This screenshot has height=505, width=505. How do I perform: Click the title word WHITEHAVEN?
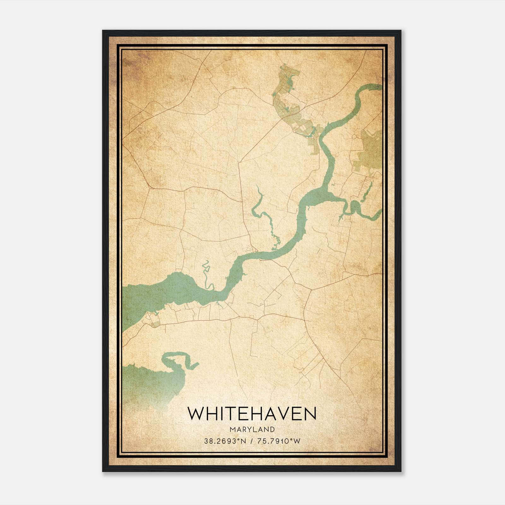pos(252,414)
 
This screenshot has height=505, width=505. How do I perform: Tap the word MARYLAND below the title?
pos(252,430)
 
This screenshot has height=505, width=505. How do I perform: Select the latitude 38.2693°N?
pos(224,441)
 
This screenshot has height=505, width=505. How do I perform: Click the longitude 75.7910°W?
pos(279,441)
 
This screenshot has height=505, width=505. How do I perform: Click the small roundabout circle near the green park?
pos(354,137)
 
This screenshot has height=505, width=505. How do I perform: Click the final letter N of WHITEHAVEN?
pos(310,414)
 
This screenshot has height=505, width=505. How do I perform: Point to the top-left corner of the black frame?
pos(103,31)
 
